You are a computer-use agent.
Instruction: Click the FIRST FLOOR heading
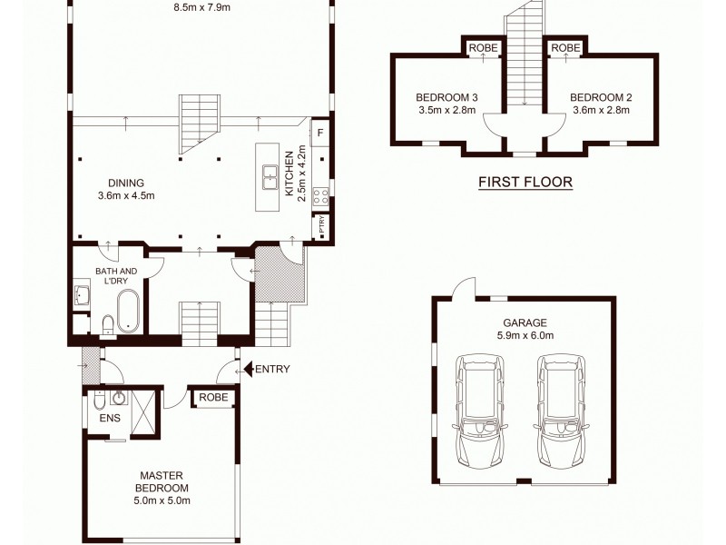[525, 182]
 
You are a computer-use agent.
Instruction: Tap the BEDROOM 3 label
[446, 97]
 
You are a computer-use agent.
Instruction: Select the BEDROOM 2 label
[601, 97]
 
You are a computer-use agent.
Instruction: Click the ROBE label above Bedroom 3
[483, 48]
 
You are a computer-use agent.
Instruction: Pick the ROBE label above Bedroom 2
[565, 48]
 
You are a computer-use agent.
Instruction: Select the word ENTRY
[273, 369]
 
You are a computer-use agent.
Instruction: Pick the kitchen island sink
[270, 175]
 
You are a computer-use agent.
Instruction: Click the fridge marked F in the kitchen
[319, 133]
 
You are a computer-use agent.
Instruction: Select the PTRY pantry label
[322, 227]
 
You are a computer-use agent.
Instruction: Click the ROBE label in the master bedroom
[213, 398]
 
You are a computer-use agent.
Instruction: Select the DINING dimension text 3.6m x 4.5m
[126, 195]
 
